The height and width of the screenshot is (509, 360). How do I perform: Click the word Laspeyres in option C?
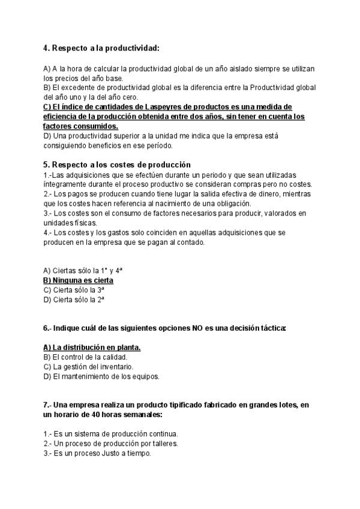click(x=164, y=107)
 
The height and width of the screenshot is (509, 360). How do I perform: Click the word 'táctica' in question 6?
click(x=272, y=328)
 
